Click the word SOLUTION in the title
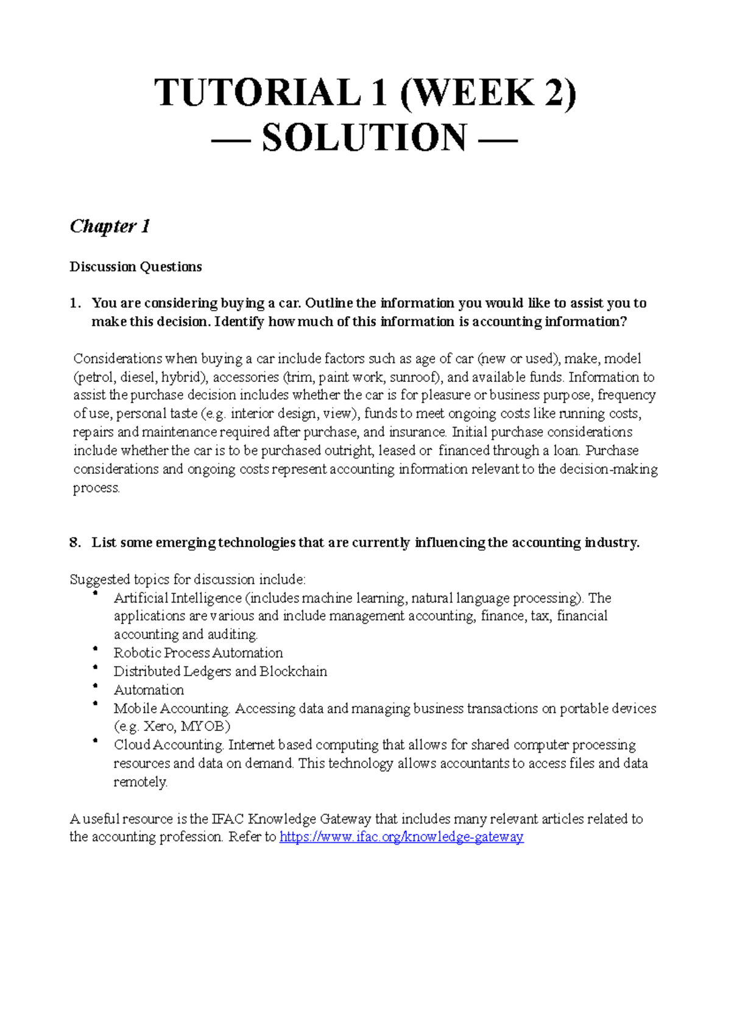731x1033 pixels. pos(364,138)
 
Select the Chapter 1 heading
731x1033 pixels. pos(110,227)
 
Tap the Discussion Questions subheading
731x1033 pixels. pos(135,267)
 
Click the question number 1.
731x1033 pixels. pos(74,303)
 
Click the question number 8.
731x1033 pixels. pos(74,543)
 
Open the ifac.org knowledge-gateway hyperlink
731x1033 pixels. pos(401,837)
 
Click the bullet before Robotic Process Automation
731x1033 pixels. pos(95,649)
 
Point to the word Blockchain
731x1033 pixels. pos(293,671)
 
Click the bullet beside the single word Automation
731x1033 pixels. pos(95,686)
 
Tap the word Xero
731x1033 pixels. pos(159,727)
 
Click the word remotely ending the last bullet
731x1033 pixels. pos(140,782)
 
